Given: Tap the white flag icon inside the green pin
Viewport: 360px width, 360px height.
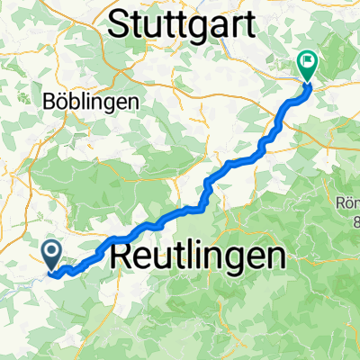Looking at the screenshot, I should (308, 61).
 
